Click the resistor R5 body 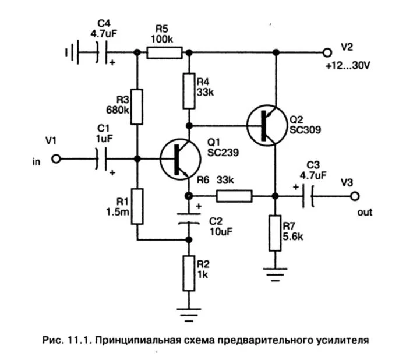[x=164, y=53]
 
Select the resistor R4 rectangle [x=189, y=91]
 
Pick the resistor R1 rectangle [x=137, y=206]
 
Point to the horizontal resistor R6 [x=234, y=196]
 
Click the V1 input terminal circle [x=56, y=158]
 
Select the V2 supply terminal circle [x=328, y=53]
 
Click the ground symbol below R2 [x=189, y=315]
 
